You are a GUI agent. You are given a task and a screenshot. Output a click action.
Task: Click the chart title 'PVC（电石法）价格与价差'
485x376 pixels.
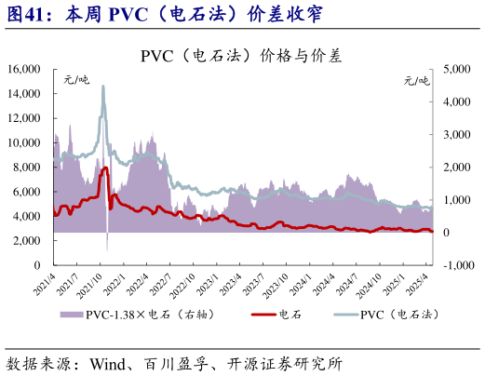click(x=241, y=55)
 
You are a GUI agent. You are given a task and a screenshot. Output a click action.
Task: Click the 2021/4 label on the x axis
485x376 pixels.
click(x=45, y=283)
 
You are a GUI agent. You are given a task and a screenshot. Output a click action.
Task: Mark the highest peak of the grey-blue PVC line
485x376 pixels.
click(x=103, y=87)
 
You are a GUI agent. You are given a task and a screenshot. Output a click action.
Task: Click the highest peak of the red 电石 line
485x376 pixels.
click(x=105, y=168)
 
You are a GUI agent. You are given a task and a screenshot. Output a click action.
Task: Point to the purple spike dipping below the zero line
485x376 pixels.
click(x=107, y=244)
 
